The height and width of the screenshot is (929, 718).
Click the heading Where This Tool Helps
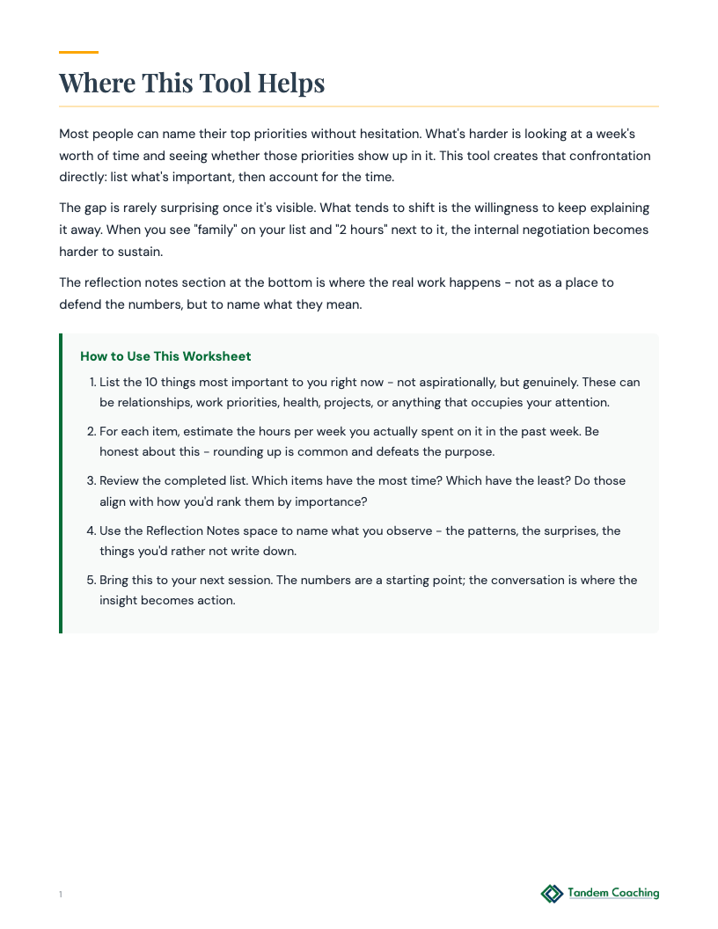click(x=192, y=83)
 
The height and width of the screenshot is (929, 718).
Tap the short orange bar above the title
click(x=78, y=53)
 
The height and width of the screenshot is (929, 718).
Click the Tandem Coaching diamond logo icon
click(x=552, y=894)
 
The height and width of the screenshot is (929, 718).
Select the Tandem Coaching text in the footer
click(x=613, y=893)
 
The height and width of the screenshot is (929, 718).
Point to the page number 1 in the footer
click(x=61, y=895)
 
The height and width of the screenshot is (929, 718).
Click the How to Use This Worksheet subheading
click(x=165, y=356)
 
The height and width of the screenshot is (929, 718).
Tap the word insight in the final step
click(x=121, y=601)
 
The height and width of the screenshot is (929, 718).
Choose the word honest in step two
click(x=120, y=452)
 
